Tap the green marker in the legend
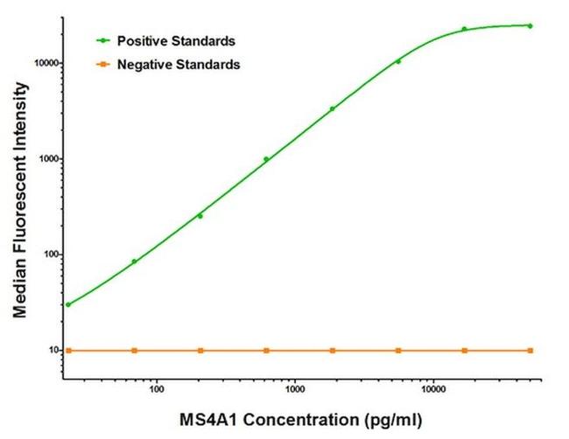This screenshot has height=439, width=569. pos(105,40)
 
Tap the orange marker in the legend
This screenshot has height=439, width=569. pos(105,64)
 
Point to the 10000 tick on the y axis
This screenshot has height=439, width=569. pos(44,64)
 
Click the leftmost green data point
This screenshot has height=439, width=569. pos(68,304)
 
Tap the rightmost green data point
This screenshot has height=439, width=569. pos(530,25)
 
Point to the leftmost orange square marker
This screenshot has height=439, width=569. pos(68,350)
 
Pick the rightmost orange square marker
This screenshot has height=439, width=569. pos(530,350)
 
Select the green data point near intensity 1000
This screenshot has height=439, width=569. pos(266,159)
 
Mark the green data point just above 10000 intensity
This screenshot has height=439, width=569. pos(398,61)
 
